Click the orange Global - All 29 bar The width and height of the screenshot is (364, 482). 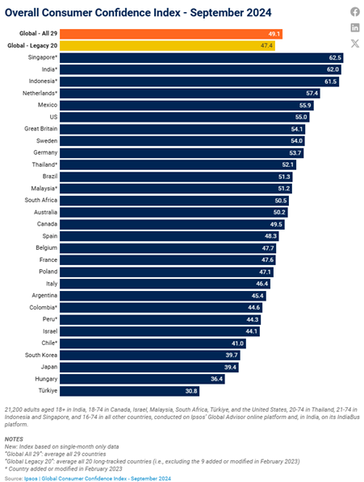[171, 34]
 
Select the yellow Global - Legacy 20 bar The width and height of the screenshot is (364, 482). [167, 46]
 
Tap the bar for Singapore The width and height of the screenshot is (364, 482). [202, 58]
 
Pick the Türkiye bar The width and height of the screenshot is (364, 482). [129, 391]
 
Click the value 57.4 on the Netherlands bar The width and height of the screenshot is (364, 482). [312, 93]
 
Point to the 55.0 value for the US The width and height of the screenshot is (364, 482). [301, 117]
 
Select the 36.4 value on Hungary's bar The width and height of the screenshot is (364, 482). [216, 379]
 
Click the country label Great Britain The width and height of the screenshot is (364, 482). [41, 129]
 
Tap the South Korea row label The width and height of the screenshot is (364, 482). [41, 355]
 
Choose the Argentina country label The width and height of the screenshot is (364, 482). [44, 296]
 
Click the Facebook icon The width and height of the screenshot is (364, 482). [355, 11]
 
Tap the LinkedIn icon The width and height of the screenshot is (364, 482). [355, 27]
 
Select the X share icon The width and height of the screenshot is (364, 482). [355, 44]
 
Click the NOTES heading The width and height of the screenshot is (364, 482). [14, 439]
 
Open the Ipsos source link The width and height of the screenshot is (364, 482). [30, 479]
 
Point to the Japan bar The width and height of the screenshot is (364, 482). [149, 367]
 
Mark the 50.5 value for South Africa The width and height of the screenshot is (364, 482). [281, 201]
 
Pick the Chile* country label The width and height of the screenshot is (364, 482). [49, 343]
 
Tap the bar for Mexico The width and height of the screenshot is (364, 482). [186, 105]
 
